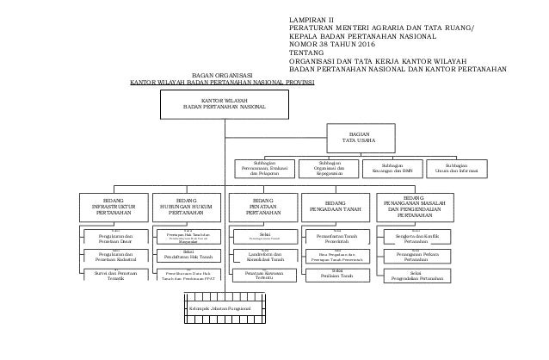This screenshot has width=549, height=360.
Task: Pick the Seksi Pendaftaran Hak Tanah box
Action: [182, 254]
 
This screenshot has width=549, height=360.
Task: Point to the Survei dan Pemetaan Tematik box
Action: [108, 275]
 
